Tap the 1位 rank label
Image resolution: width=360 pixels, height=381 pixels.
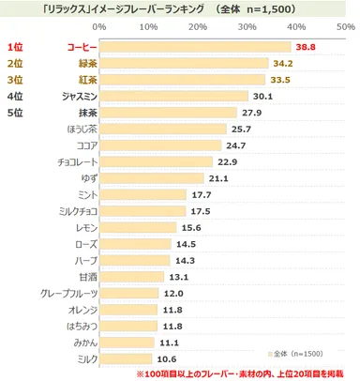click(x=15, y=46)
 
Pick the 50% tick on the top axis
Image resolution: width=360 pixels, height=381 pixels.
click(x=344, y=26)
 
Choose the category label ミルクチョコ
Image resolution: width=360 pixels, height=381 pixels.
click(x=74, y=212)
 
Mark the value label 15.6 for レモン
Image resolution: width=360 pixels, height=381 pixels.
click(x=192, y=228)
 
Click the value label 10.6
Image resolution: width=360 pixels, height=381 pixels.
click(x=168, y=358)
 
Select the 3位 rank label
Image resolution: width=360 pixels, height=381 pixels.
click(x=15, y=80)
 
